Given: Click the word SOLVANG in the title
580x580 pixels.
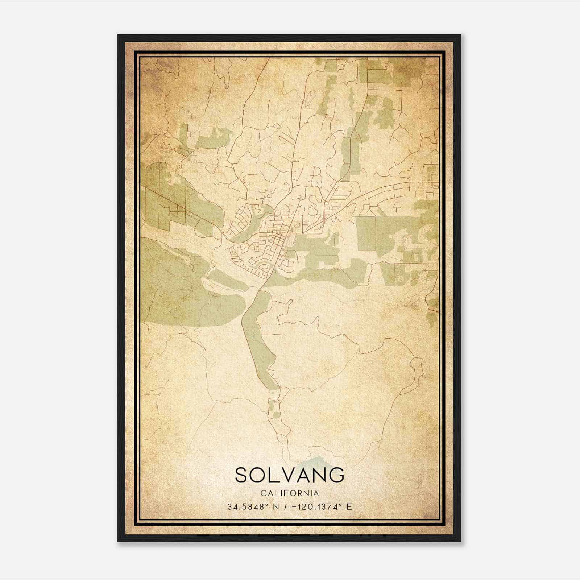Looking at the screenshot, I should pyautogui.click(x=290, y=475).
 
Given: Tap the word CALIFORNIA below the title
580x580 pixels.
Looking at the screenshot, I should pyautogui.click(x=290, y=493).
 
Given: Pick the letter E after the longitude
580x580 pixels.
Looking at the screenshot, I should pyautogui.click(x=349, y=507).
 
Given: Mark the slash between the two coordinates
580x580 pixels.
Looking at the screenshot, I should pyautogui.click(x=287, y=507).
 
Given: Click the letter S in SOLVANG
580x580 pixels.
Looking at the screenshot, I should pyautogui.click(x=243, y=475).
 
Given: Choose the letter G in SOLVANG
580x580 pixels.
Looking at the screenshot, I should pyautogui.click(x=336, y=475).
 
